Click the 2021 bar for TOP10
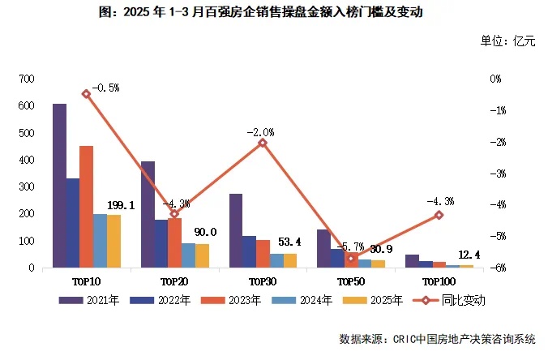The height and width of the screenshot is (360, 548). (59, 186)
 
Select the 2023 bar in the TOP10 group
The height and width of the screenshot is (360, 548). (86, 207)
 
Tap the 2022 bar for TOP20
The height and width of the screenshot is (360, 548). (161, 243)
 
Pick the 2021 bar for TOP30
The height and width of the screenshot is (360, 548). (236, 230)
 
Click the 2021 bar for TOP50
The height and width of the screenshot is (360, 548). (323, 248)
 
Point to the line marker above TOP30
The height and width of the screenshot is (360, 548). (263, 143)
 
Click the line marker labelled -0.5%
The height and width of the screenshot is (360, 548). (86, 94)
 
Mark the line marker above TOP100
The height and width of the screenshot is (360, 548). (439, 215)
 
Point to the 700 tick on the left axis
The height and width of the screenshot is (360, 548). (28, 79)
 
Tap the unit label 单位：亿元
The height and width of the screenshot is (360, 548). (508, 41)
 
